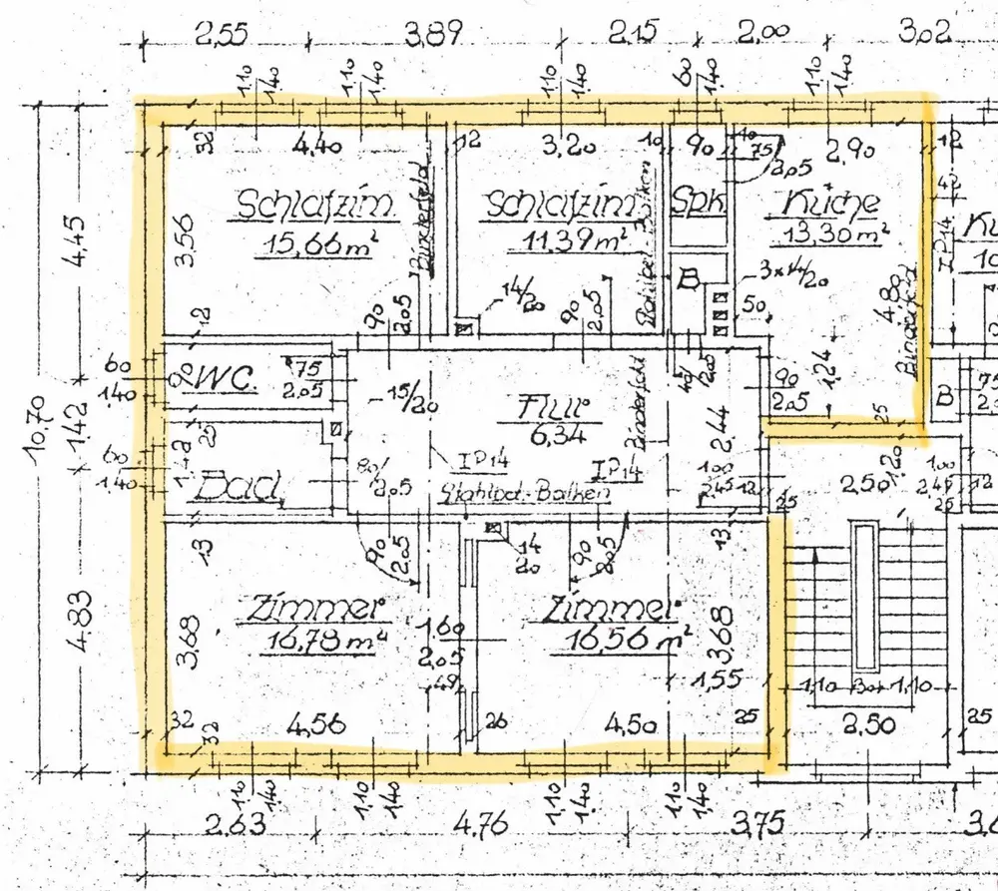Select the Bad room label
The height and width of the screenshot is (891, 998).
(x=239, y=489)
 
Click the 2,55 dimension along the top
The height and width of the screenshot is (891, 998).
(x=228, y=36)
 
